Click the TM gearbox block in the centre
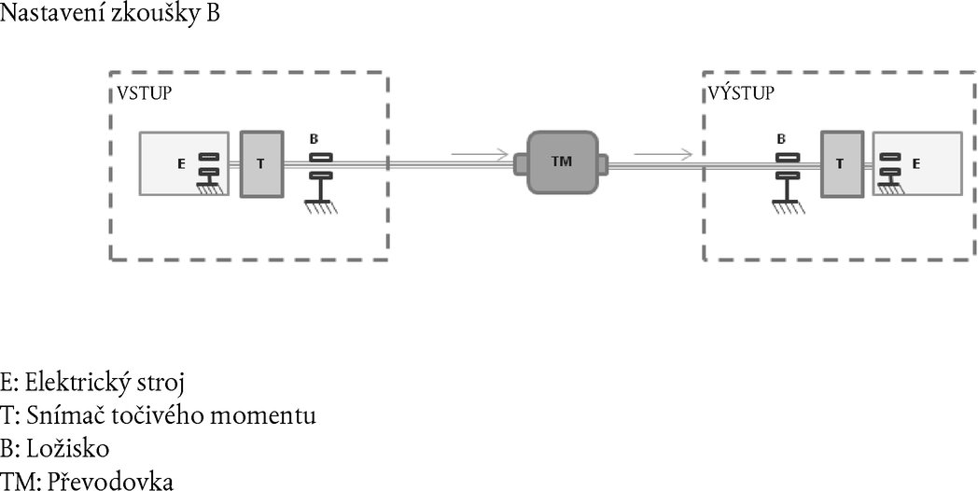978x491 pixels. pyautogui.click(x=561, y=161)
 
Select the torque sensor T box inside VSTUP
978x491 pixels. pyautogui.click(x=261, y=163)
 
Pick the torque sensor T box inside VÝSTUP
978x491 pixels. pyautogui.click(x=841, y=163)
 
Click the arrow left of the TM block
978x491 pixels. pyautogui.click(x=479, y=153)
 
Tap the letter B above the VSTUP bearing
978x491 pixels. pyautogui.click(x=314, y=139)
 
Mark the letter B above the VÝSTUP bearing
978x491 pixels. pyautogui.click(x=782, y=139)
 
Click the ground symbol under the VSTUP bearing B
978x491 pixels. pyautogui.click(x=320, y=205)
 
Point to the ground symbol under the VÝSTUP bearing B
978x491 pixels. pyautogui.click(x=789, y=205)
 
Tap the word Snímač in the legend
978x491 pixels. pyautogui.click(x=59, y=415)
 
